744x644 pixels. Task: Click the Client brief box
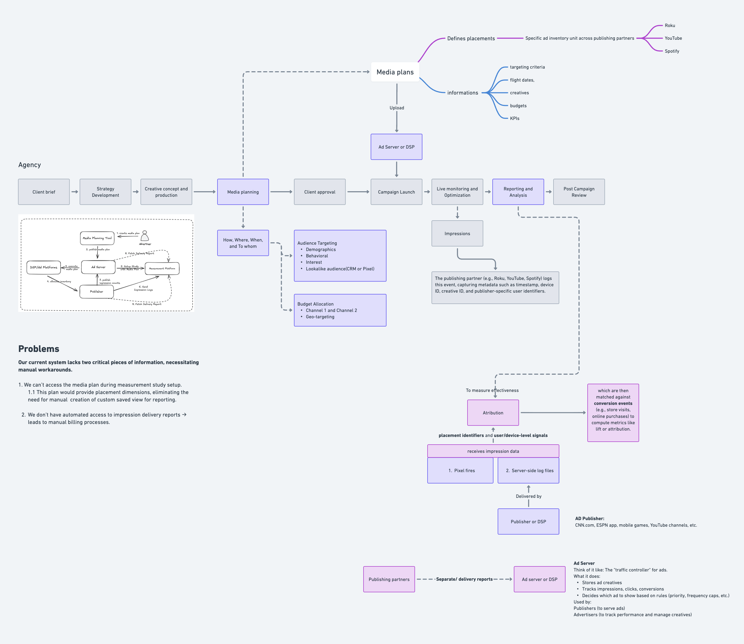click(x=44, y=192)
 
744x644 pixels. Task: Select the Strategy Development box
click(x=105, y=192)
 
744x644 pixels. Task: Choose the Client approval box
click(x=320, y=192)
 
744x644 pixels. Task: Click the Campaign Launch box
click(x=396, y=192)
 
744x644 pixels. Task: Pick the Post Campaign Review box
click(x=579, y=192)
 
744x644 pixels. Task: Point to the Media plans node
click(x=395, y=72)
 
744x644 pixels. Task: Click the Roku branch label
click(x=670, y=25)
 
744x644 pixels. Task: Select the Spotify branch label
click(x=672, y=51)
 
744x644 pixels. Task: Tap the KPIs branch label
click(x=515, y=118)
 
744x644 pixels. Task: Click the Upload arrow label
click(x=397, y=108)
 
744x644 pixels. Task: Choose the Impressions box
click(x=457, y=234)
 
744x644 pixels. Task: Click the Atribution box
click(x=493, y=413)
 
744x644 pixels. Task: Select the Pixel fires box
click(x=460, y=470)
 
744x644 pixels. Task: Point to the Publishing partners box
click(x=389, y=579)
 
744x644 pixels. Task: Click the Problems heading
click(x=39, y=349)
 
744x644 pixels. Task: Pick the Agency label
click(x=29, y=165)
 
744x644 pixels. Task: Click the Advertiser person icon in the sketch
click(x=145, y=236)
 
